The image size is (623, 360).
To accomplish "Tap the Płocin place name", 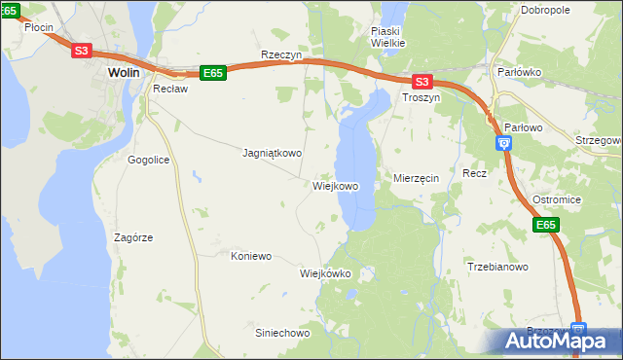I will pos(38,27).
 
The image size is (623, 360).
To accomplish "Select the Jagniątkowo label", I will pos(272,153).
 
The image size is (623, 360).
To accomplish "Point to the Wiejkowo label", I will pos(336,186).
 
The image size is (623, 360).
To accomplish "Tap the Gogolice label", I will pos(149,159).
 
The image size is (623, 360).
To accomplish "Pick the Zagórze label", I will pos(133,237).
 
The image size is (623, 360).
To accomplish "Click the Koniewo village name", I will pos(251,257).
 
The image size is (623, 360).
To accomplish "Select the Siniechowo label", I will pos(281,333).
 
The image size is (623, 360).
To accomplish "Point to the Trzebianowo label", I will pos(496,267).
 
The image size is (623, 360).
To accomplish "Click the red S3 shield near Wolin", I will pos(82,52).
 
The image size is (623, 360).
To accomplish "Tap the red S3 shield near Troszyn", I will pos(421,83).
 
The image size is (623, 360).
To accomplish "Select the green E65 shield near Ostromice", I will pos(546,226).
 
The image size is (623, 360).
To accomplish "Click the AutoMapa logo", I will pos(557,341).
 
